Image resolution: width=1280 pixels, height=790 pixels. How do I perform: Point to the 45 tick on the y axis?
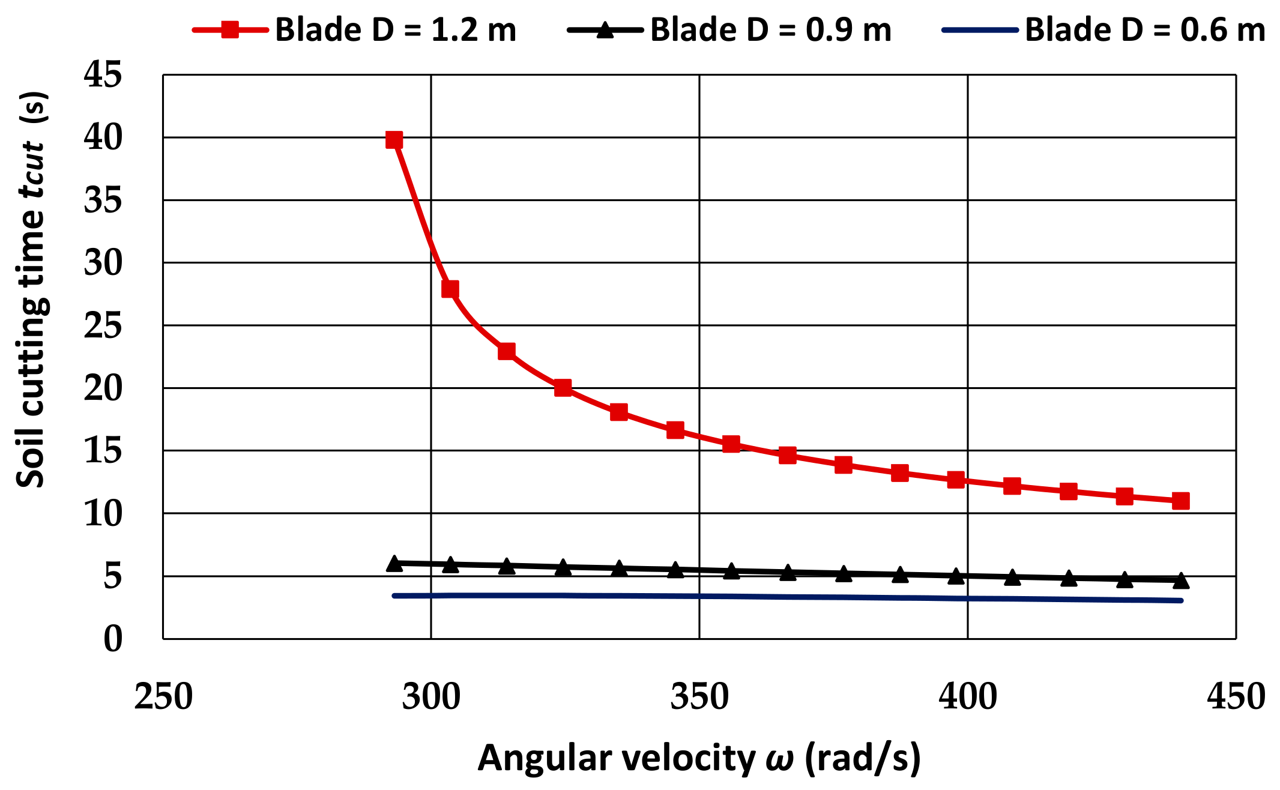coord(103,75)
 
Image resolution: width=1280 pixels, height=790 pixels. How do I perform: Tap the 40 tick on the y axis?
coord(103,137)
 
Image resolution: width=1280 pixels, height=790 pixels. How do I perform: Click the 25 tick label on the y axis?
coord(103,325)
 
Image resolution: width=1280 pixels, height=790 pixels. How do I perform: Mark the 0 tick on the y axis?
coord(113,639)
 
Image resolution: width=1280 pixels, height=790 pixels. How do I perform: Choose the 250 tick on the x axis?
coord(163,697)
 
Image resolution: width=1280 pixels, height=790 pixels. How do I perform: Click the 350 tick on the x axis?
coord(699,697)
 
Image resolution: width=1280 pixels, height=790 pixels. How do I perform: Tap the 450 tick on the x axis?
coord(1236,697)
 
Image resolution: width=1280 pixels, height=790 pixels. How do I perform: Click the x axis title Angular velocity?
coord(699,758)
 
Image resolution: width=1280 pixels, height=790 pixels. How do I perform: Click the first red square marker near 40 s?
coord(394,140)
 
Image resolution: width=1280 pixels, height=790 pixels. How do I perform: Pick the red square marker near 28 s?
coord(450,289)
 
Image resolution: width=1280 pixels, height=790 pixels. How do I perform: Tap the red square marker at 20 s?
coord(563,388)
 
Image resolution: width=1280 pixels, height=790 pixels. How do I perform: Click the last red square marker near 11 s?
coord(1181,501)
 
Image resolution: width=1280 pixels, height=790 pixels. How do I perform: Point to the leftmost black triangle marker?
coord(394,563)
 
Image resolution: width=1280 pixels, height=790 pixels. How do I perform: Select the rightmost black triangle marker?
coord(1181,580)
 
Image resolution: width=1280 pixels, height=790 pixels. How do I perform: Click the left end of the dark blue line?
coord(394,596)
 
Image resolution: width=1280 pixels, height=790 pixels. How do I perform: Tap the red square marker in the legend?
coord(230,30)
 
